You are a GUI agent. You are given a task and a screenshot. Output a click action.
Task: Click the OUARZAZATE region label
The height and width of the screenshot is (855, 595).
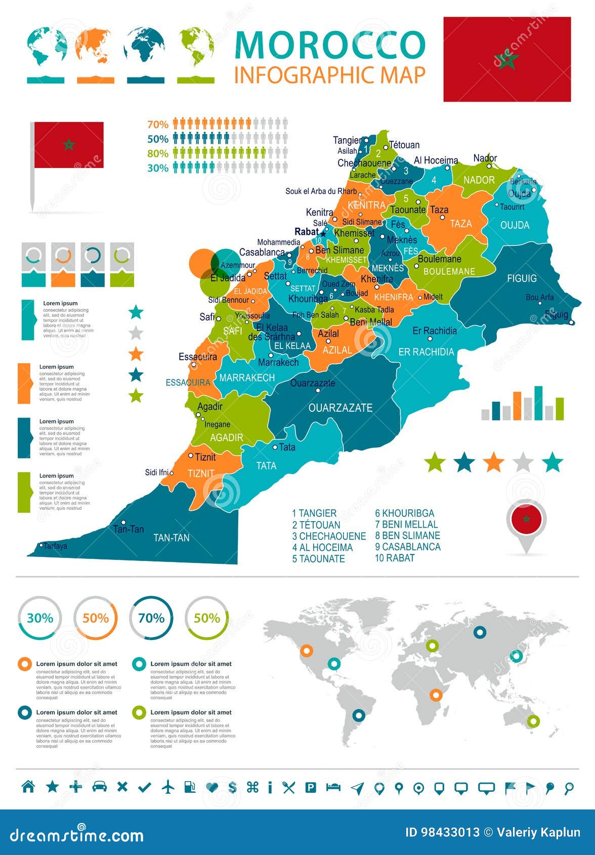tap(340, 408)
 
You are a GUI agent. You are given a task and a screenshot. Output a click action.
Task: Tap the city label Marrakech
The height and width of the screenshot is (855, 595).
tap(278, 362)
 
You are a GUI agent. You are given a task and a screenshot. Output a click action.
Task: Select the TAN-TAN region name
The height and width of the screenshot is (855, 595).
tap(171, 538)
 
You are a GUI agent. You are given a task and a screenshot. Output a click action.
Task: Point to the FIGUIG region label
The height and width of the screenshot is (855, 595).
tap(522, 278)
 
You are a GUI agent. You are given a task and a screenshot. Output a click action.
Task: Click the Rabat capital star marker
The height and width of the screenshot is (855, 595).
tap(323, 233)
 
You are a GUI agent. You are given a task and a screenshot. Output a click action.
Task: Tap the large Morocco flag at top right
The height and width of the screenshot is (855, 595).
tap(507, 59)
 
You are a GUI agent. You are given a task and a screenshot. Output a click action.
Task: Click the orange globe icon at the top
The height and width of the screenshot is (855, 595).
tap(96, 46)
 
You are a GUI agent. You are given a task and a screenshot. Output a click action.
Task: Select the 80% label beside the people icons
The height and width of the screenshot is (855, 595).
tap(157, 153)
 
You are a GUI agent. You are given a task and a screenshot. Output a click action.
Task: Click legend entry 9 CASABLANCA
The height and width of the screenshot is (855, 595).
tap(407, 547)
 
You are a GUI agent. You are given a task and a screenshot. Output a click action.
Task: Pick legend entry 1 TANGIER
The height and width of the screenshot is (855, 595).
tap(314, 513)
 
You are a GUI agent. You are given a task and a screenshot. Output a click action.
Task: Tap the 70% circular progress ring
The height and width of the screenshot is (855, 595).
tap(151, 618)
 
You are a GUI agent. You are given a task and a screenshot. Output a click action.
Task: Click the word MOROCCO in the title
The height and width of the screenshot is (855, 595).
tap(330, 46)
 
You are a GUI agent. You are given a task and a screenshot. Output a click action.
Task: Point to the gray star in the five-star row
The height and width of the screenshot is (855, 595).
tap(523, 462)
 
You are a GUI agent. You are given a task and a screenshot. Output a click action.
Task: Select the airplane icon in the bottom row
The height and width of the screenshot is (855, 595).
tap(168, 787)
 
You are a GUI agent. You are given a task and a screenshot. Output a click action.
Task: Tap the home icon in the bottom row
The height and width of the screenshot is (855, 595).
tap(28, 787)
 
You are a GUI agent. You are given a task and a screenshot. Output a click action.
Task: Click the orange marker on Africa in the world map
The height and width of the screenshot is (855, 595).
tap(436, 695)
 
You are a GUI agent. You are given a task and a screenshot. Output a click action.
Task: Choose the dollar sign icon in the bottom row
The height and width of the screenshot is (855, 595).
tap(232, 787)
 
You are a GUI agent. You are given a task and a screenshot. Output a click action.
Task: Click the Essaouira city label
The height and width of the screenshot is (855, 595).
tap(197, 357)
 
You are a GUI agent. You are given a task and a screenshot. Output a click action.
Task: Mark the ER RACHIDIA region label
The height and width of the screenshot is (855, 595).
tap(426, 352)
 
